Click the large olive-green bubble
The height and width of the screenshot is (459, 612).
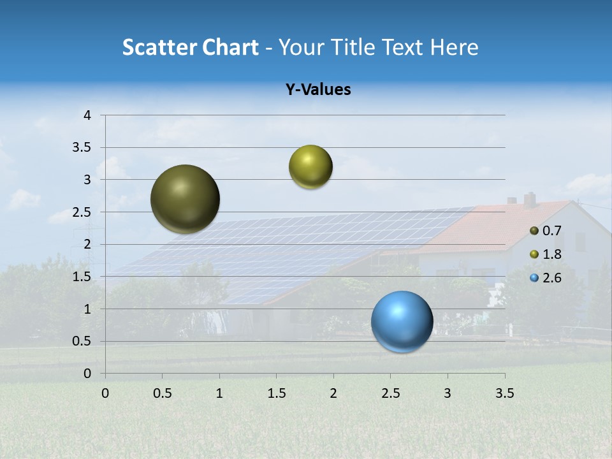[x=186, y=199]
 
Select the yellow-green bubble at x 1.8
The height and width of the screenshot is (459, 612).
[x=310, y=167]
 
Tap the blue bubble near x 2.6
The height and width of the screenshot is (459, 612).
[x=402, y=321]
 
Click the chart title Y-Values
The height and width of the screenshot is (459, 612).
[x=318, y=90]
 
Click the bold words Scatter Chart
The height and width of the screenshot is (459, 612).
[x=190, y=47]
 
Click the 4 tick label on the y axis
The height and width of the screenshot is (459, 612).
[x=87, y=115]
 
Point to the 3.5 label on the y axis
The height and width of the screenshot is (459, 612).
[x=82, y=148]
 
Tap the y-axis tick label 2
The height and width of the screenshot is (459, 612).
[x=87, y=244]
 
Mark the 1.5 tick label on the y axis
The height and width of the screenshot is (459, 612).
[x=82, y=277]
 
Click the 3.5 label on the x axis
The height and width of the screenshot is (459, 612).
[x=504, y=393]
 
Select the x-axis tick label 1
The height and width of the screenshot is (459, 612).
[x=219, y=393]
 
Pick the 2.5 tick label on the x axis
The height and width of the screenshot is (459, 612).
[x=390, y=393]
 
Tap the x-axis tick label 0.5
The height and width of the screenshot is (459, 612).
[x=162, y=393]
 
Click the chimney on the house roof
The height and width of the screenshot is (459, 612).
[x=530, y=200]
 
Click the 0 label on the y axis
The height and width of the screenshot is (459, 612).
[x=87, y=374]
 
